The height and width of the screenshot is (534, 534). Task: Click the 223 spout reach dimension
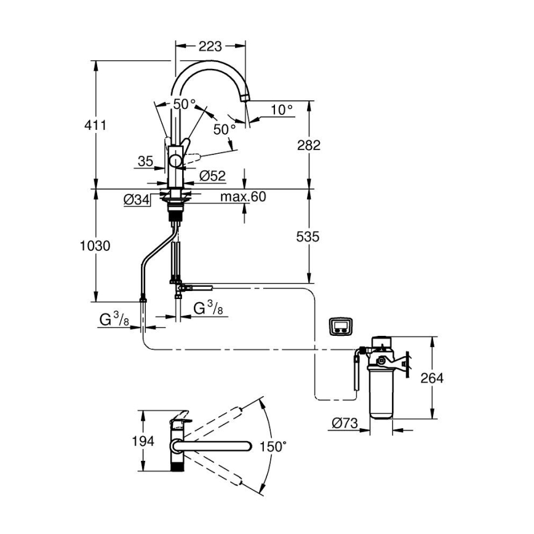(210, 46)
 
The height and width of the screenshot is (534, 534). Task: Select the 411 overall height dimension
(96, 125)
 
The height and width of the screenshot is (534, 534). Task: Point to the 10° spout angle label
(282, 110)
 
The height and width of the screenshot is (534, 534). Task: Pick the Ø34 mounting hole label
(137, 199)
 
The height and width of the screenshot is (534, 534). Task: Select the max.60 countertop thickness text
(242, 197)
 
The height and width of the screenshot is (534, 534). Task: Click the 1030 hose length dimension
(95, 246)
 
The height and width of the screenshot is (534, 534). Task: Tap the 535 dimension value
(308, 236)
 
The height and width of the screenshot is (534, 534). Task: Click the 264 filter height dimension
(431, 378)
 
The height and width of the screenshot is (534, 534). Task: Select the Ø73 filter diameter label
(345, 423)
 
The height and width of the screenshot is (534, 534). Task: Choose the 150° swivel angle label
(273, 447)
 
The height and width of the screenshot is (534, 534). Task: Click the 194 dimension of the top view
(143, 442)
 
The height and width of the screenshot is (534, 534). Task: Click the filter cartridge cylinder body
(381, 394)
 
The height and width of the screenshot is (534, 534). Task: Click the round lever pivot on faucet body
(176, 162)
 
